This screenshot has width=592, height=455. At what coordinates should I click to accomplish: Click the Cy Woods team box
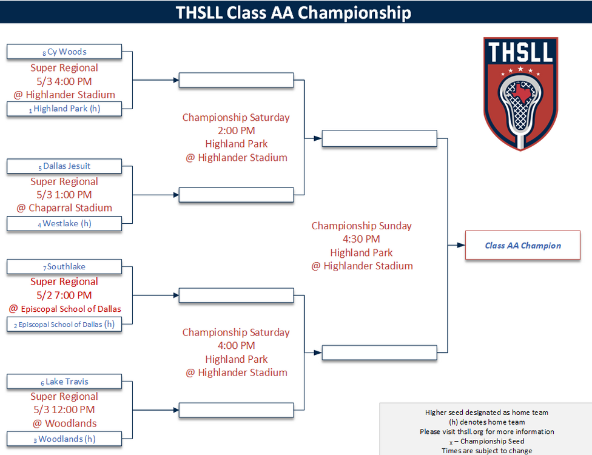tap(64, 52)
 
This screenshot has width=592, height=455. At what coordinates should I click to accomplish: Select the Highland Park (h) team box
tap(64, 109)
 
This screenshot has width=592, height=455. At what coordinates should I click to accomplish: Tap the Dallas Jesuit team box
tap(64, 166)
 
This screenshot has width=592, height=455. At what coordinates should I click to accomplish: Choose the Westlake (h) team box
tap(64, 223)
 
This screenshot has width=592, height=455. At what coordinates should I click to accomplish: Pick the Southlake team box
tap(64, 266)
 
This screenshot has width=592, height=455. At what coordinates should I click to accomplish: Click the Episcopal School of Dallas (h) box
tap(64, 324)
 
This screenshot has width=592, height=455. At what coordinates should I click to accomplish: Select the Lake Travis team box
tap(64, 382)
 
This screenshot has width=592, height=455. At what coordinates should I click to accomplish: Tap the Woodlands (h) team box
tap(64, 439)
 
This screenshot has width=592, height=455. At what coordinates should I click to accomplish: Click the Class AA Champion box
tap(523, 246)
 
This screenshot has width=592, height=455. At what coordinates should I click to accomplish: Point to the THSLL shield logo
tap(520, 93)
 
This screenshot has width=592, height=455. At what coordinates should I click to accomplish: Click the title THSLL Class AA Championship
tap(294, 12)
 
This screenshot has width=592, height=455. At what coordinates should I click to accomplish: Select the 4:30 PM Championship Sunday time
tap(362, 239)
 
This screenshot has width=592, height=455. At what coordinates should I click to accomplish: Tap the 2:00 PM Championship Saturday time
tap(236, 130)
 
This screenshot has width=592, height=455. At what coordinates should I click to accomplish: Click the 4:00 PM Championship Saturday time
tap(236, 346)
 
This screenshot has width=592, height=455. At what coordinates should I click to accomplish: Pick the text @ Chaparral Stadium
tap(64, 207)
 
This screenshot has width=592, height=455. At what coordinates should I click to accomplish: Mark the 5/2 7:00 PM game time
tap(64, 295)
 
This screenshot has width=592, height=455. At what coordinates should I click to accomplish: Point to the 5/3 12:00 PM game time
tap(64, 409)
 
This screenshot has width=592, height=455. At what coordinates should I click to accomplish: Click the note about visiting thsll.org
tap(486, 431)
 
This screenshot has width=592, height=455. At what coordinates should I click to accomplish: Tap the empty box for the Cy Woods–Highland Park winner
tap(236, 80)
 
